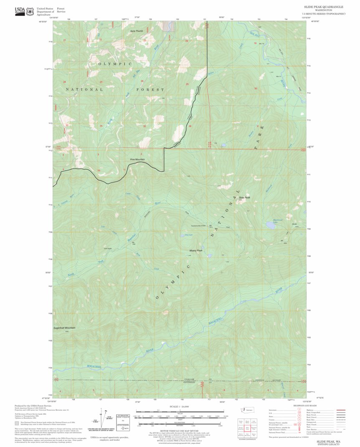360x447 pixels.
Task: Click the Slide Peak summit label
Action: point(244,198)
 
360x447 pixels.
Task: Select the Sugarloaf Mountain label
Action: point(64,328)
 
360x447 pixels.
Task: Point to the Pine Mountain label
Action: point(137,160)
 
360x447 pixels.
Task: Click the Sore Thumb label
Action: point(136,31)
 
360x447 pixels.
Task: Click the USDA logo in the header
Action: point(20,11)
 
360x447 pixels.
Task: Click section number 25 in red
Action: point(187,84)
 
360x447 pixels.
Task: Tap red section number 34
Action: point(101,126)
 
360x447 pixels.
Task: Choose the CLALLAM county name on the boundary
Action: point(190,381)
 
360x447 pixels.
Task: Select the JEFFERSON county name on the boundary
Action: point(190,384)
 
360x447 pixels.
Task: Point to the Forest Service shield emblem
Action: point(30,12)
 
